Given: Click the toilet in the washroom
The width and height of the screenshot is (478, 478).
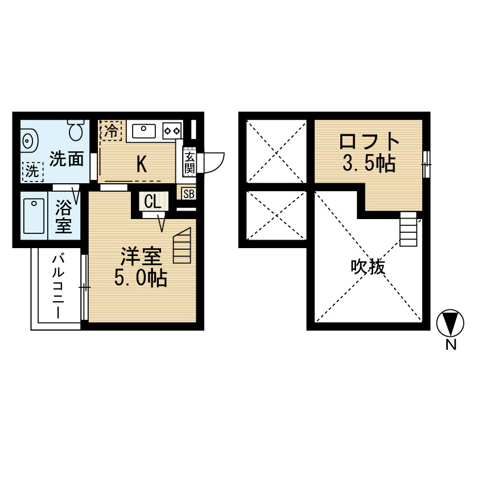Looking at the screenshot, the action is [76, 130].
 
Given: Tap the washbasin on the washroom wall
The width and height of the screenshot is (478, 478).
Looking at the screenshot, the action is [29, 141].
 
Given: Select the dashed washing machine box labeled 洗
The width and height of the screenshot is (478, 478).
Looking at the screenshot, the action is [32, 172].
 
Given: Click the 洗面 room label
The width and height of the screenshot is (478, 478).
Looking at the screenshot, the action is [67, 159].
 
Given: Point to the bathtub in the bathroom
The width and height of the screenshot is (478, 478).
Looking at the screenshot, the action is [34, 216].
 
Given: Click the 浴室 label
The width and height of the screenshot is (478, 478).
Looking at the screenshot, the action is [63, 217].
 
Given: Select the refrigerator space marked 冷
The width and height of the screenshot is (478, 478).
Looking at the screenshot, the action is [111, 131].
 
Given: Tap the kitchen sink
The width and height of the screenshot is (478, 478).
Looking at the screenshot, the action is [144, 131].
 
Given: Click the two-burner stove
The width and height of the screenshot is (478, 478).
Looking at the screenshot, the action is [172, 131].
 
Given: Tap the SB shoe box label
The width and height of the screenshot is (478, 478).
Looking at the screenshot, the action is [189, 194].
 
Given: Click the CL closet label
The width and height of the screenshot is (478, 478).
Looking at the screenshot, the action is [153, 201].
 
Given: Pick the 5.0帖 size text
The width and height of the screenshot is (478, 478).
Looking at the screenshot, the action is [141, 278].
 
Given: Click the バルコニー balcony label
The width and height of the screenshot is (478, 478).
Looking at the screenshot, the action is [58, 287].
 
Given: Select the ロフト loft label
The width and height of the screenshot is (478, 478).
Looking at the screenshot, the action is [369, 142].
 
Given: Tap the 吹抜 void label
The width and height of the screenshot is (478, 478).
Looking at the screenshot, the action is [368, 267].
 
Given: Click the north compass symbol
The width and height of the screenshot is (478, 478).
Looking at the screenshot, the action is [450, 323].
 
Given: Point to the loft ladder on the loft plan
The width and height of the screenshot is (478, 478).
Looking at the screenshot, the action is [408, 229].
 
